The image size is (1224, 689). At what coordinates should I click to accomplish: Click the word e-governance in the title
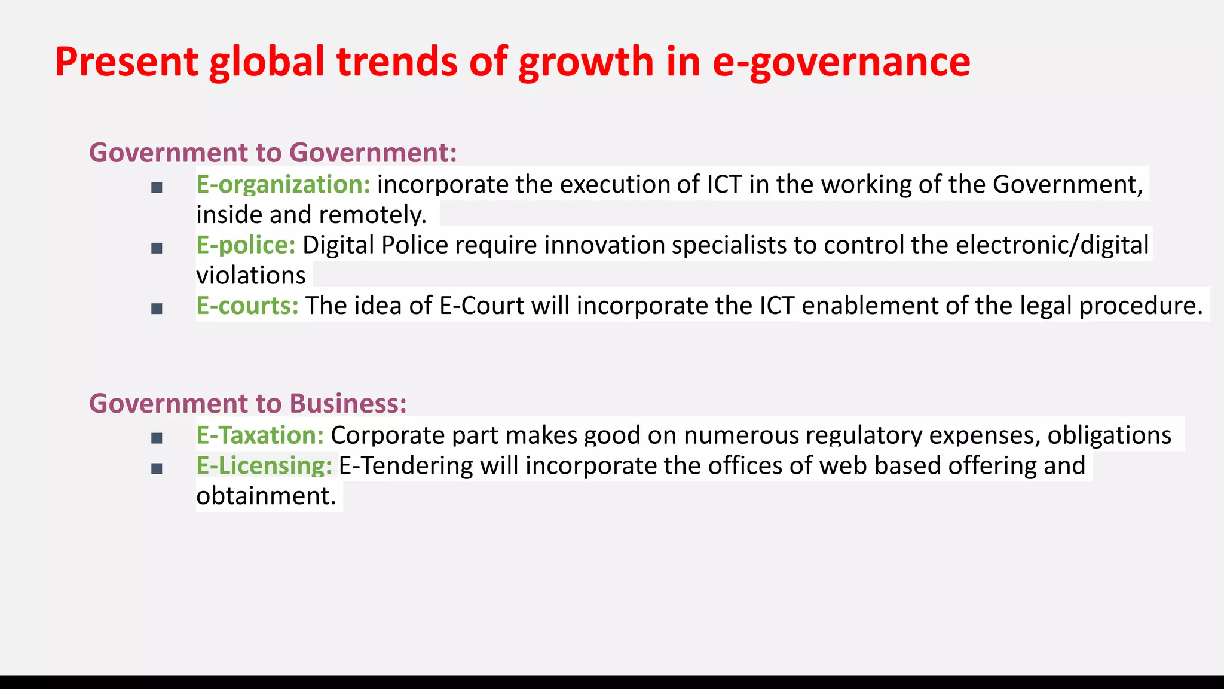(841, 62)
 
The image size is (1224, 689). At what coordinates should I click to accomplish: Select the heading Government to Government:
(273, 153)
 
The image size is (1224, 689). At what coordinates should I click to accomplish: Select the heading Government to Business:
(248, 403)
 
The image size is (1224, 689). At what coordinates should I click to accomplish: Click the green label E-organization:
(283, 184)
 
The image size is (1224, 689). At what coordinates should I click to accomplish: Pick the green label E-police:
(246, 245)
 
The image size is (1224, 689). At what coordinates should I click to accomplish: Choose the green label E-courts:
(247, 306)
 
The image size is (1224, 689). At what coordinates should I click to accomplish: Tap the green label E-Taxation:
(260, 435)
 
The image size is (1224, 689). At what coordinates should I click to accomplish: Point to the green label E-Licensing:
(264, 465)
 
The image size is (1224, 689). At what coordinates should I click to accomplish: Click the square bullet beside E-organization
(157, 188)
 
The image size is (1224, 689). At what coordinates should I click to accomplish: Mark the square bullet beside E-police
(157, 248)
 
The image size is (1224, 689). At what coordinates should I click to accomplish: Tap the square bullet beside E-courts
(157, 309)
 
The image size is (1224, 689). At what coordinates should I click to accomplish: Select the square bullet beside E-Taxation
(157, 438)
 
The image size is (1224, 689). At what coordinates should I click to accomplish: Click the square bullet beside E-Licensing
(157, 469)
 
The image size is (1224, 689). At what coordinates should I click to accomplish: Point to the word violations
(251, 276)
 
